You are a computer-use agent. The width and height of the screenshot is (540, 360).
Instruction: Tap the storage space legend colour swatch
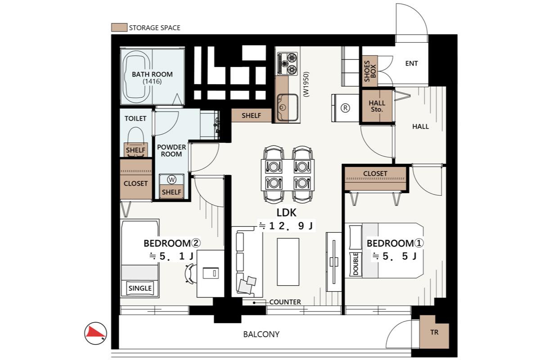coord(119,27)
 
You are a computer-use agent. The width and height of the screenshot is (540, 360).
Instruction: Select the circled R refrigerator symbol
coord(345,108)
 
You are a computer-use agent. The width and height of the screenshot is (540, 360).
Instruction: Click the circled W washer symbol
coord(171,180)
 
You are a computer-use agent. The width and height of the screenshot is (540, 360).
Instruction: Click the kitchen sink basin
coord(288,107)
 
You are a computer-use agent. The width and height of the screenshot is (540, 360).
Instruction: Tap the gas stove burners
coord(288,63)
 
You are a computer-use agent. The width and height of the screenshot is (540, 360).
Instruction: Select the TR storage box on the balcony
coord(434,332)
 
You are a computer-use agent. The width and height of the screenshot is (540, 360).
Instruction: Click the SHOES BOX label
coord(370,71)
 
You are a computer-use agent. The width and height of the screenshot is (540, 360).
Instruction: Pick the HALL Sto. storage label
coord(377,106)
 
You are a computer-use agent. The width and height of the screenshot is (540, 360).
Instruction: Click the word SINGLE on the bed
coord(140,288)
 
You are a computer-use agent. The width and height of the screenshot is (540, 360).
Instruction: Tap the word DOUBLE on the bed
coord(355,264)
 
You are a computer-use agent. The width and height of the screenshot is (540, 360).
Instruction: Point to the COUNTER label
coord(285,302)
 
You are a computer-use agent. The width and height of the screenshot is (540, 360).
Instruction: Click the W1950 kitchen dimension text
coord(306,84)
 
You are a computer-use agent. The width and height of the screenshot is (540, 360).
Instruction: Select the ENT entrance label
coord(411,63)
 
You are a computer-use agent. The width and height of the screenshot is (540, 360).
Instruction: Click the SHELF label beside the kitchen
coord(251,116)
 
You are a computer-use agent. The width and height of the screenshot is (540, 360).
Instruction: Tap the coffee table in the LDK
coord(288,262)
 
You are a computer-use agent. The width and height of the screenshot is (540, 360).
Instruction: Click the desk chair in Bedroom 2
coord(190,274)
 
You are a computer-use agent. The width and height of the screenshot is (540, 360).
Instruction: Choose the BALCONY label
coord(261,334)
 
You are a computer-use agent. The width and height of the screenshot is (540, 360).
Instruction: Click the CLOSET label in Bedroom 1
coord(375,173)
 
